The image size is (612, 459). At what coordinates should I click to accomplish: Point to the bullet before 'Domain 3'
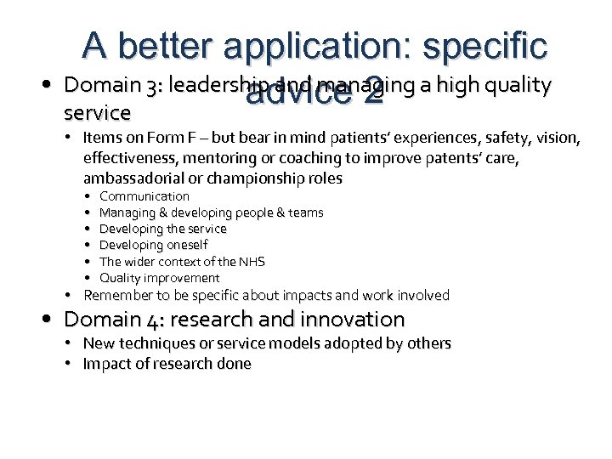[x=54, y=85]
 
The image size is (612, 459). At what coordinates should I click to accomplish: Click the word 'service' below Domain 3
[x=98, y=112]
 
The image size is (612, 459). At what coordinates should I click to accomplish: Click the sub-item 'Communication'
[x=144, y=196]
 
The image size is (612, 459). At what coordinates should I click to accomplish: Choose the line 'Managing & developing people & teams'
[x=211, y=212]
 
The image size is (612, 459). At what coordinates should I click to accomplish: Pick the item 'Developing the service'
[x=163, y=229]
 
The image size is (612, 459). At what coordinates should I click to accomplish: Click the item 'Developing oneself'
[x=153, y=245]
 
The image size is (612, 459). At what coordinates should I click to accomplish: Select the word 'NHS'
[x=251, y=261]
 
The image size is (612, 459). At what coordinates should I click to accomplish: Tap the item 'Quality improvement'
[x=159, y=277]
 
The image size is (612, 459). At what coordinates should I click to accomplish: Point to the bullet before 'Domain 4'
[x=54, y=320]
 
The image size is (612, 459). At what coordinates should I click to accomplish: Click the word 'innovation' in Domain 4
[x=351, y=320]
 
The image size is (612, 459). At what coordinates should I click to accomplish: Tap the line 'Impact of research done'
[x=167, y=364]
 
